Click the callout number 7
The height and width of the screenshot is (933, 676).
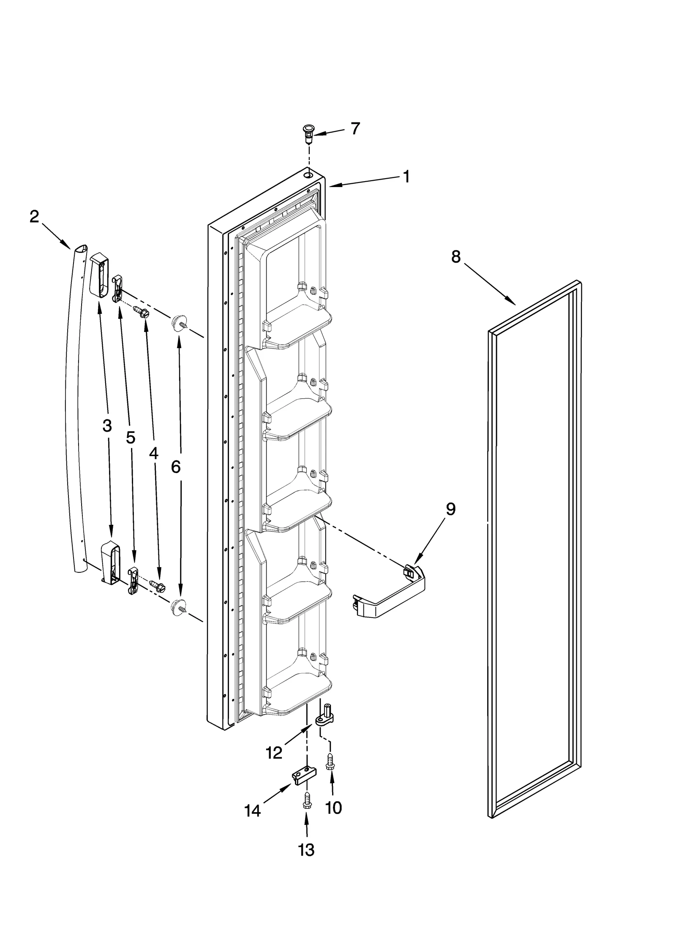point(355,128)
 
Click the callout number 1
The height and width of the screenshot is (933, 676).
point(406,177)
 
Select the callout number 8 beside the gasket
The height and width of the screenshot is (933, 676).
point(455,256)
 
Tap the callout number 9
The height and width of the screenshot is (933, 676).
point(451,510)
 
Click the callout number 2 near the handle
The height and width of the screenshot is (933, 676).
point(34,217)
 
